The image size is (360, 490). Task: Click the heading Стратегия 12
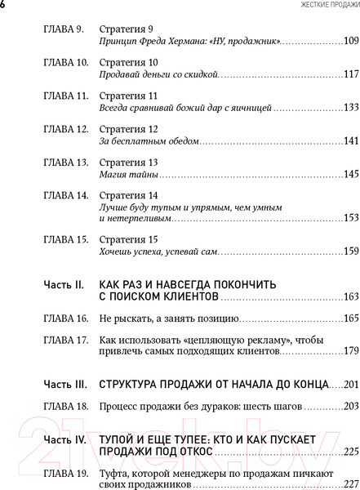click(128, 129)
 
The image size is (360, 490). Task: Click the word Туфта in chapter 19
click(115, 474)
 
